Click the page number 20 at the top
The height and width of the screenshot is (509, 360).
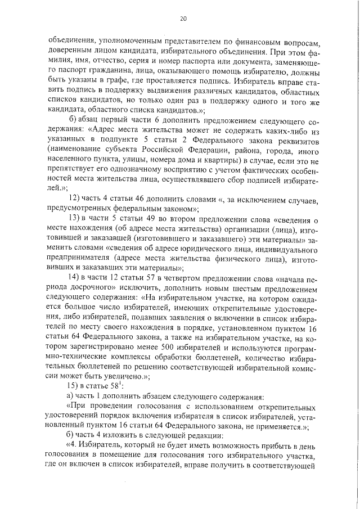pos(183,19)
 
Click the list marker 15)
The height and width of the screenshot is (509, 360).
pos(75,387)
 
